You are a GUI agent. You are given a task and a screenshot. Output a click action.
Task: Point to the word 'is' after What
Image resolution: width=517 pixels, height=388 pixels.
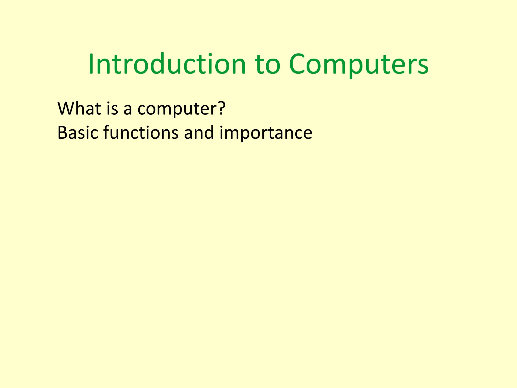point(112,108)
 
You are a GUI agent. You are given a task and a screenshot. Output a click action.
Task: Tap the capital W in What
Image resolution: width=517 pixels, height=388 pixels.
point(66,108)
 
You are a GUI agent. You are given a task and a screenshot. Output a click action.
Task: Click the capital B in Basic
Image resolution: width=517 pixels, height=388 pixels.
point(62,133)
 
